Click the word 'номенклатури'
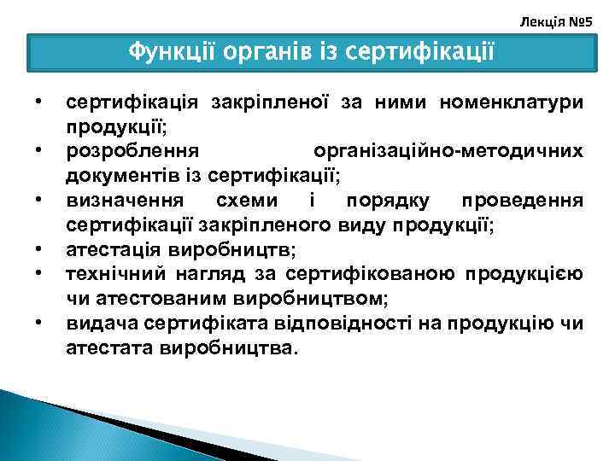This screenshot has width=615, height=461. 512,103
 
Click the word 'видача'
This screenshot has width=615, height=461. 98,324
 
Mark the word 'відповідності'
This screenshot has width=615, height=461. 321,324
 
